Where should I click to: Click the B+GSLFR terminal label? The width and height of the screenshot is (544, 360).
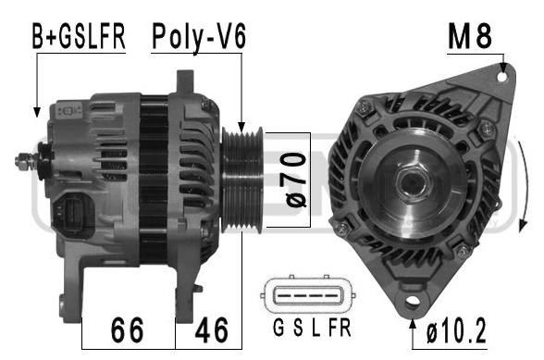click(79, 36)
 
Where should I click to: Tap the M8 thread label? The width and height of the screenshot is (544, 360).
click(470, 36)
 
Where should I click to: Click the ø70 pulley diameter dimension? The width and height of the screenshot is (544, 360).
click(295, 180)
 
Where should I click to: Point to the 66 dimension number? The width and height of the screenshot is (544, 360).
click(127, 330)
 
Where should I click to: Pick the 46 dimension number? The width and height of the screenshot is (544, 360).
click(211, 330)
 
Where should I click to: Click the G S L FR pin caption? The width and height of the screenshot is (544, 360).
click(312, 328)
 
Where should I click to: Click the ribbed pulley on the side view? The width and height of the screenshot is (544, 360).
click(242, 180)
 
